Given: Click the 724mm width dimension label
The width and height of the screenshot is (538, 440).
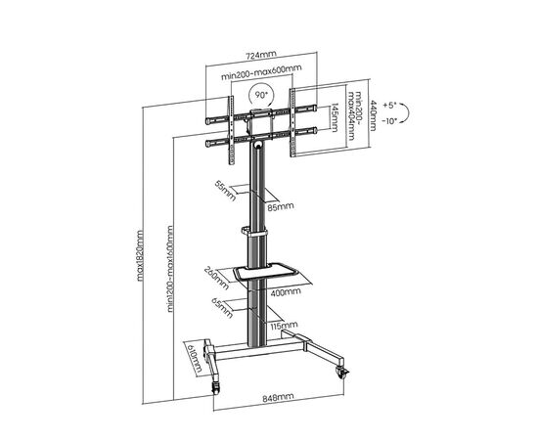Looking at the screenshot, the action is (261, 55).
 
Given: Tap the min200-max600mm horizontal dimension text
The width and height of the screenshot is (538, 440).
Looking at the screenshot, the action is (261, 72).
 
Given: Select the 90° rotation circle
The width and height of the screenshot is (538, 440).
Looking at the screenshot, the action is (261, 95).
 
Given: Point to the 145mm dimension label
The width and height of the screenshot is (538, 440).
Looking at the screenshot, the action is (334, 117).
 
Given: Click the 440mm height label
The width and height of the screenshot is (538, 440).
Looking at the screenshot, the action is (373, 115).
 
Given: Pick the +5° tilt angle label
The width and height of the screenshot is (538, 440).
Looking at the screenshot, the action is (389, 105).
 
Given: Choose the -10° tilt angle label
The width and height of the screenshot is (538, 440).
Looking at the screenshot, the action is (389, 120).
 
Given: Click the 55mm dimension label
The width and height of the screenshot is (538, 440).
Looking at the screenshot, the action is (225, 191).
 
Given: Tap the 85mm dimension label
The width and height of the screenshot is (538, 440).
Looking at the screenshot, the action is (281, 206).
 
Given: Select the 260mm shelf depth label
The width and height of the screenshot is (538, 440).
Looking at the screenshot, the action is (217, 278).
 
